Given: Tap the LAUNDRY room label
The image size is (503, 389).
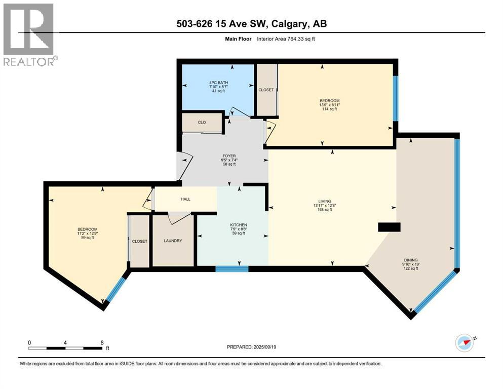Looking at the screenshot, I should (173, 241).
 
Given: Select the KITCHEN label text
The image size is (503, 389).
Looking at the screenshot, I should (238, 224).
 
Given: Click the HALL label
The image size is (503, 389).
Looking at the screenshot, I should (186, 199).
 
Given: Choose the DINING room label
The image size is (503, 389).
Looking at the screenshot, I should (411, 260).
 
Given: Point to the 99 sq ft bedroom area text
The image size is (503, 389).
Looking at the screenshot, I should (84, 238).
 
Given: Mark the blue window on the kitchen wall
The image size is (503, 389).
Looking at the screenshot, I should (232, 268).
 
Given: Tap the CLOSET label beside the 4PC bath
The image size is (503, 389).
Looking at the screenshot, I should (266, 90).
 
